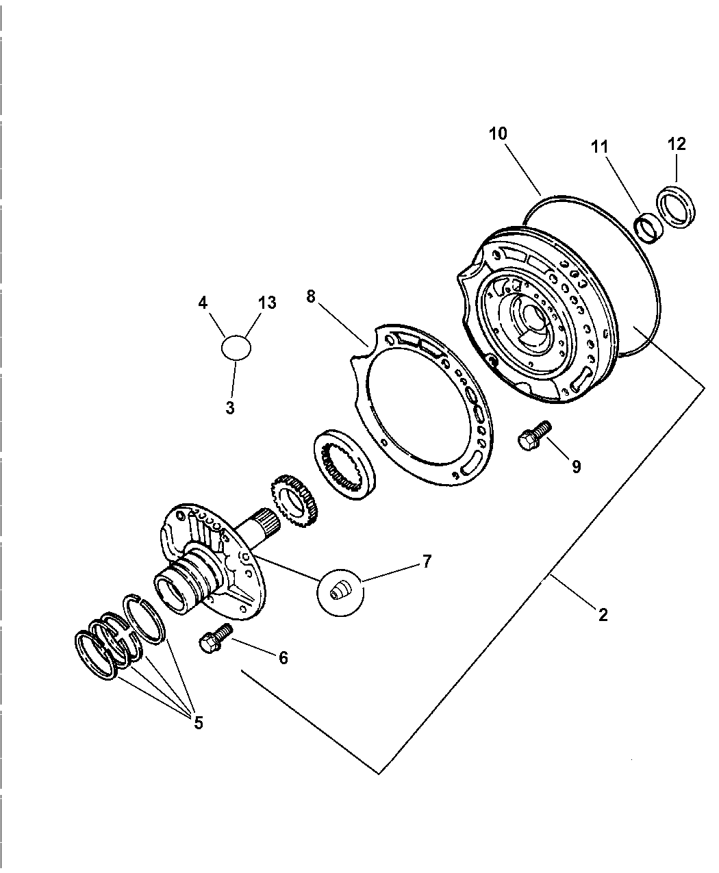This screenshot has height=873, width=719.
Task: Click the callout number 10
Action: click(x=498, y=134)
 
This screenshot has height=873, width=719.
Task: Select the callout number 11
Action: click(x=601, y=147)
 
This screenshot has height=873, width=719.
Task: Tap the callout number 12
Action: click(x=677, y=144)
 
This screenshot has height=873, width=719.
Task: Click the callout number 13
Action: click(x=267, y=303)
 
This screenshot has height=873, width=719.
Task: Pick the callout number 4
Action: click(x=203, y=303)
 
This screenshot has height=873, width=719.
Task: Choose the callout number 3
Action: click(x=230, y=408)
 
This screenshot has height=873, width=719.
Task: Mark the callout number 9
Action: click(x=576, y=466)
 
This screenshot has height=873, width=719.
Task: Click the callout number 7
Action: click(x=427, y=562)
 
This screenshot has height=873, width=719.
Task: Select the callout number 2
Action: click(x=603, y=615)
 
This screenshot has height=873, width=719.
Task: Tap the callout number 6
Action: click(x=283, y=658)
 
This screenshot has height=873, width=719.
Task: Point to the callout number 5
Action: click(x=198, y=723)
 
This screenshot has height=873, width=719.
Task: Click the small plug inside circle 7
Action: click(x=338, y=590)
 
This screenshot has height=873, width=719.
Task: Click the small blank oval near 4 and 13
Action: click(x=236, y=347)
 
